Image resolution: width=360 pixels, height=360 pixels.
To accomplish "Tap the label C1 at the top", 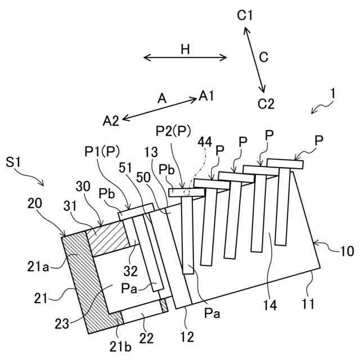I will (x=245, y=16).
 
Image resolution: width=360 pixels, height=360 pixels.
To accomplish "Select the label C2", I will (x=265, y=103).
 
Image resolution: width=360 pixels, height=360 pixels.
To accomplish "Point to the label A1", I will (x=206, y=96).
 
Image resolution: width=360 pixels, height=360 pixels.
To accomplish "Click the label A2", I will (x=111, y=120).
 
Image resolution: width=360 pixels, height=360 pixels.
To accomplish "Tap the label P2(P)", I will (x=173, y=130).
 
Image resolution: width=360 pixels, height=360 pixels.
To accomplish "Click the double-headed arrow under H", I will (x=185, y=57).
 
